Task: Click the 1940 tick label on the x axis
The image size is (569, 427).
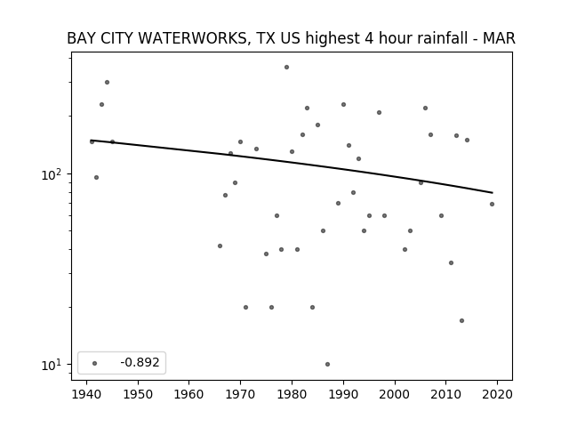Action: [x=86, y=395]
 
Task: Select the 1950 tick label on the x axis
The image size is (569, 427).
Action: [x=138, y=395]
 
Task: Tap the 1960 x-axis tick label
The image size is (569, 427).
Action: [x=189, y=395]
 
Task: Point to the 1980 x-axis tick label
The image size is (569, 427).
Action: [x=292, y=395]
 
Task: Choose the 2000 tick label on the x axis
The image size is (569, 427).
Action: [x=395, y=395]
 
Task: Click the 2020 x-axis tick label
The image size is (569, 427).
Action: [x=497, y=395]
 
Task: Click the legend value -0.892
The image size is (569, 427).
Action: [x=140, y=362]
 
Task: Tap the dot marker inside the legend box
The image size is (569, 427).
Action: [x=95, y=363]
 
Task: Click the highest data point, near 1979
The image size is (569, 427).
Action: [x=286, y=68]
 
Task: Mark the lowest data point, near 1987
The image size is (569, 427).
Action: [x=328, y=364]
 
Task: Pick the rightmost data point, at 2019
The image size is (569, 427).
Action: [x=492, y=204]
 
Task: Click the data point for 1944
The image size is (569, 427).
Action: [x=107, y=83]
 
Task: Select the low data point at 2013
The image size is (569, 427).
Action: [x=461, y=320]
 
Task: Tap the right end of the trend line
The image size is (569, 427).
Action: [x=493, y=192]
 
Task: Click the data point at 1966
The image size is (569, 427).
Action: [x=220, y=246]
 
